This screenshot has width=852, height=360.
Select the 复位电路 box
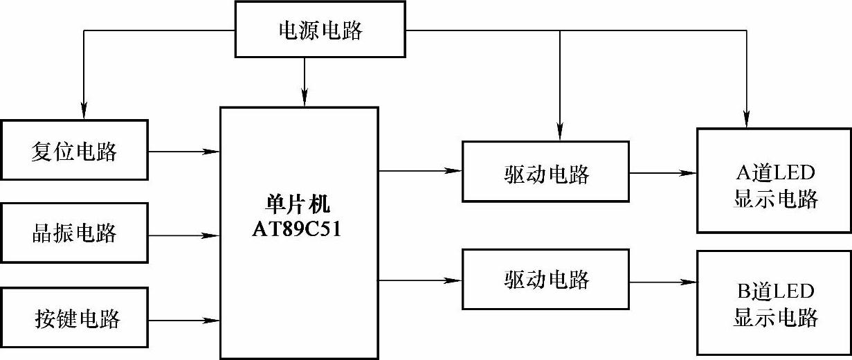pos(75,150)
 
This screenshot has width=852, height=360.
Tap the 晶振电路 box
pos(75,233)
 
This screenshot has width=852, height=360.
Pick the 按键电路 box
pos(75,318)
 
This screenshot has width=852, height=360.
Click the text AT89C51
pos(298,229)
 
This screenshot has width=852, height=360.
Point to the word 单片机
pos(298,205)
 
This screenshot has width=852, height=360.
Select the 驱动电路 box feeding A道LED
pos(545,172)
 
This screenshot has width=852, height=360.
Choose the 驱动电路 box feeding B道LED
pos(545,280)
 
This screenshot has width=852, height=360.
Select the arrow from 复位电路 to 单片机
pos(183,150)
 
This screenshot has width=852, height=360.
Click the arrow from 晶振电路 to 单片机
pos(183,235)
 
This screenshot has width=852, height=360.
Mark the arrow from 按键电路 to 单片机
pos(183,320)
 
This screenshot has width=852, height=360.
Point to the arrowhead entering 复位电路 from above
pos(83,109)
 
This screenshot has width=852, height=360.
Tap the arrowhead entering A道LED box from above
pos(748,118)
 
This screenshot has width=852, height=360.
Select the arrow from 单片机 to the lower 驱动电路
pos(420,280)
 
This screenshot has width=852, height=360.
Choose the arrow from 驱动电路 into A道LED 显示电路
pos(662,172)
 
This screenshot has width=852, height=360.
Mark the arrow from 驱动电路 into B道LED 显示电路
pos(662,282)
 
